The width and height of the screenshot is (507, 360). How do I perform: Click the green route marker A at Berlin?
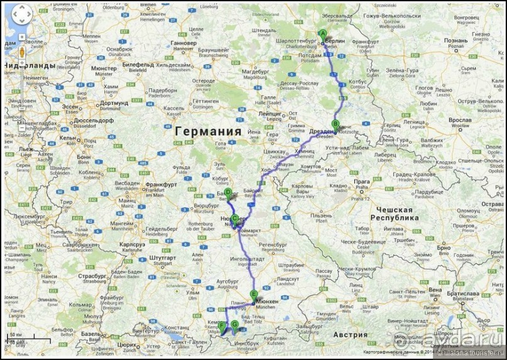click(x=322, y=35)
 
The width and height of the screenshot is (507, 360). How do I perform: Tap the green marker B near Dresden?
click(x=335, y=124)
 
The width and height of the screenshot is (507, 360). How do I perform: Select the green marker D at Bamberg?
click(x=228, y=194)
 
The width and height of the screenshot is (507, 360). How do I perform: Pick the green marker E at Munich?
click(x=254, y=296)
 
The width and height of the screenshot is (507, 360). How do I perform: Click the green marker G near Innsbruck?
click(x=234, y=325)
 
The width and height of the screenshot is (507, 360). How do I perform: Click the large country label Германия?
click(x=209, y=131)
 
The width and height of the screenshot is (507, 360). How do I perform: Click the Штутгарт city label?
click(x=165, y=257)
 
